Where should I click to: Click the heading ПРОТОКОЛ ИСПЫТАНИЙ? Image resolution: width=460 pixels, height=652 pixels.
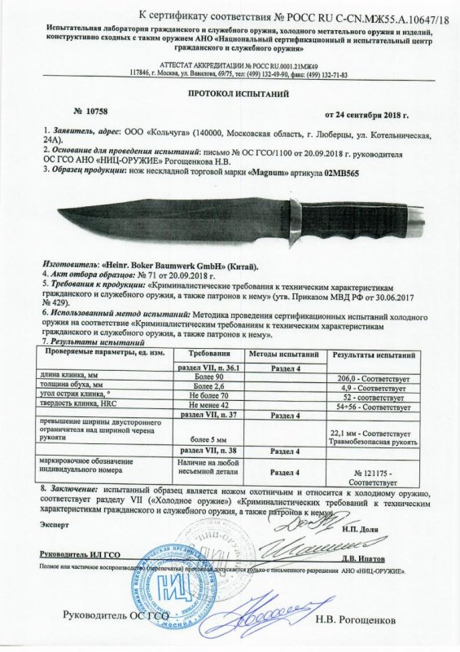tap(230, 94)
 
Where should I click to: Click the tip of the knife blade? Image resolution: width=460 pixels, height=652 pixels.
tap(59, 211)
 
